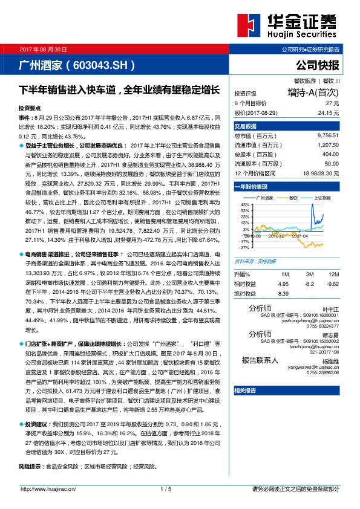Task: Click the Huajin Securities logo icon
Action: pos(248,25)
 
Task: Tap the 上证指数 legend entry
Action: pos(323,198)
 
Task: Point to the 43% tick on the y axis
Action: pos(244,206)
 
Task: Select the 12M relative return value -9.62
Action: pos(333,283)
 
